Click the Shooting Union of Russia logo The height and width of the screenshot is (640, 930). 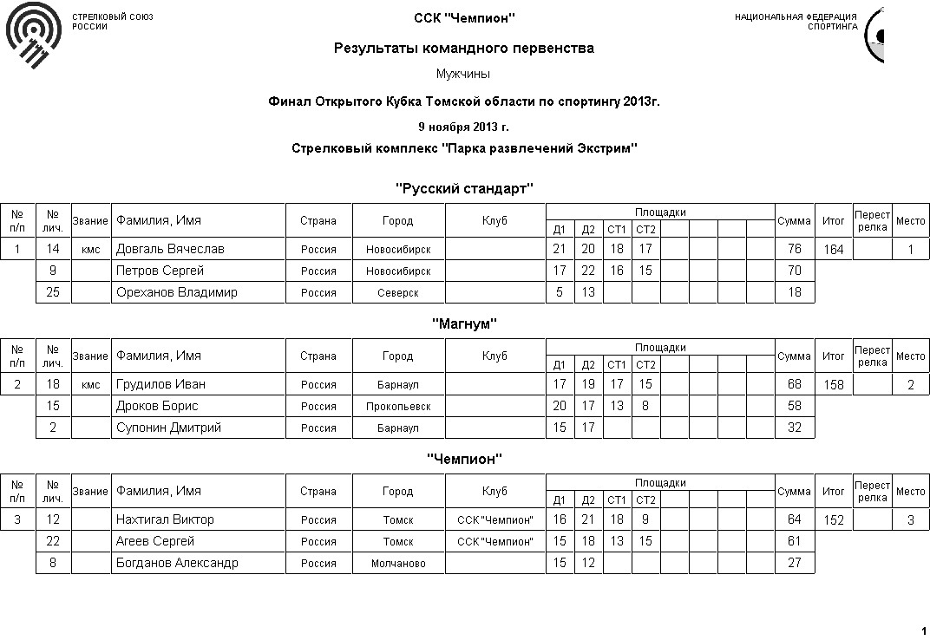pos(34,35)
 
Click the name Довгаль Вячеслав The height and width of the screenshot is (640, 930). pos(170,249)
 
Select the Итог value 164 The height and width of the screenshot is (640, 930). pos(833,250)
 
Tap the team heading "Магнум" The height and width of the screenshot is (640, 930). pos(464,323)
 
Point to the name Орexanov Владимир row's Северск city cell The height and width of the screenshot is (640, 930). pos(397,293)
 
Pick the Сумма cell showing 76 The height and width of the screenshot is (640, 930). pos(794,250)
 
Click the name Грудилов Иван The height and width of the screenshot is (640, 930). pos(160,384)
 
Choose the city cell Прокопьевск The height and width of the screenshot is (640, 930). pos(397,407)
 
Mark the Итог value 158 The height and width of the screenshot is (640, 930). pos(833,385)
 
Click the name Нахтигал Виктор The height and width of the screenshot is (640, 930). pos(165,519)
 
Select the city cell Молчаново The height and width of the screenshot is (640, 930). pos(397,564)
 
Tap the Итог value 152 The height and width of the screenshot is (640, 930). pos(833,520)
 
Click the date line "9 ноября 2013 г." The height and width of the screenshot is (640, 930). pos(464,127)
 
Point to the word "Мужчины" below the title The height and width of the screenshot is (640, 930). pos(464,75)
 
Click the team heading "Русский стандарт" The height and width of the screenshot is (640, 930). pos(464,188)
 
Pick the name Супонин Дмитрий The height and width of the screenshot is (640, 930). pos(168,428)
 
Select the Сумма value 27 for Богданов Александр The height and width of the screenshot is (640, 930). pos(794,564)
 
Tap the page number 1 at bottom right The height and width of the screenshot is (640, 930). pos(922,630)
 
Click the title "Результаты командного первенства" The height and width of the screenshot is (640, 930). pos(464,49)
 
